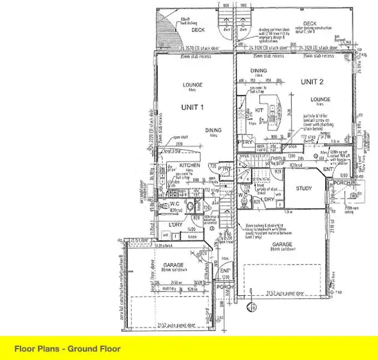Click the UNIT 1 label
pyautogui.click(x=193, y=107)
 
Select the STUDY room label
pyautogui.click(x=304, y=188)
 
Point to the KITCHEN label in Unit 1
pyautogui.click(x=190, y=165)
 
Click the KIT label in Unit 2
pyautogui.click(x=260, y=110)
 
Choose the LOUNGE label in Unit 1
pyautogui.click(x=193, y=85)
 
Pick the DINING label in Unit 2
pyautogui.click(x=259, y=70)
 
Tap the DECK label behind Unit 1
pyautogui.click(x=198, y=29)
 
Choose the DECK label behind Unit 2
pyautogui.click(x=310, y=24)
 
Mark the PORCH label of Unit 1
pyautogui.click(x=224, y=287)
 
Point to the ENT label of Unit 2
pyautogui.click(x=327, y=170)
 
